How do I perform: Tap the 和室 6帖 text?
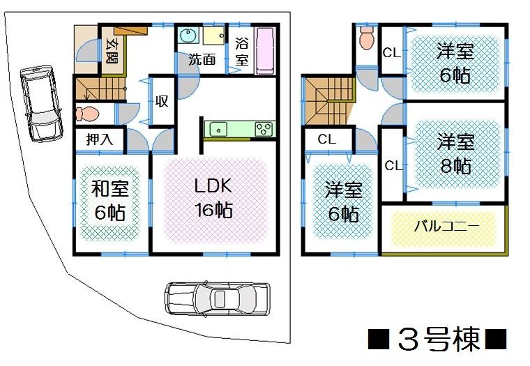point(110,199)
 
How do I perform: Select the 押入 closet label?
point(100,139)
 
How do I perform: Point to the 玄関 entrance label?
point(112,51)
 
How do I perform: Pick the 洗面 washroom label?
point(202,59)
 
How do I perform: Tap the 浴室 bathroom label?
point(241,50)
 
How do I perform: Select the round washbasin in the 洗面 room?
point(188,37)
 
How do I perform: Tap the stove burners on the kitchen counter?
point(264,129)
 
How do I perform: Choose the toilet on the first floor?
point(89,113)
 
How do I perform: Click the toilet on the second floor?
point(366,38)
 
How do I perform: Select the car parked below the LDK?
point(216,298)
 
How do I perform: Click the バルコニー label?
point(446,227)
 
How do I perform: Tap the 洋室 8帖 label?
point(455,153)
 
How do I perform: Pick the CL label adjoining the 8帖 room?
point(393,165)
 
